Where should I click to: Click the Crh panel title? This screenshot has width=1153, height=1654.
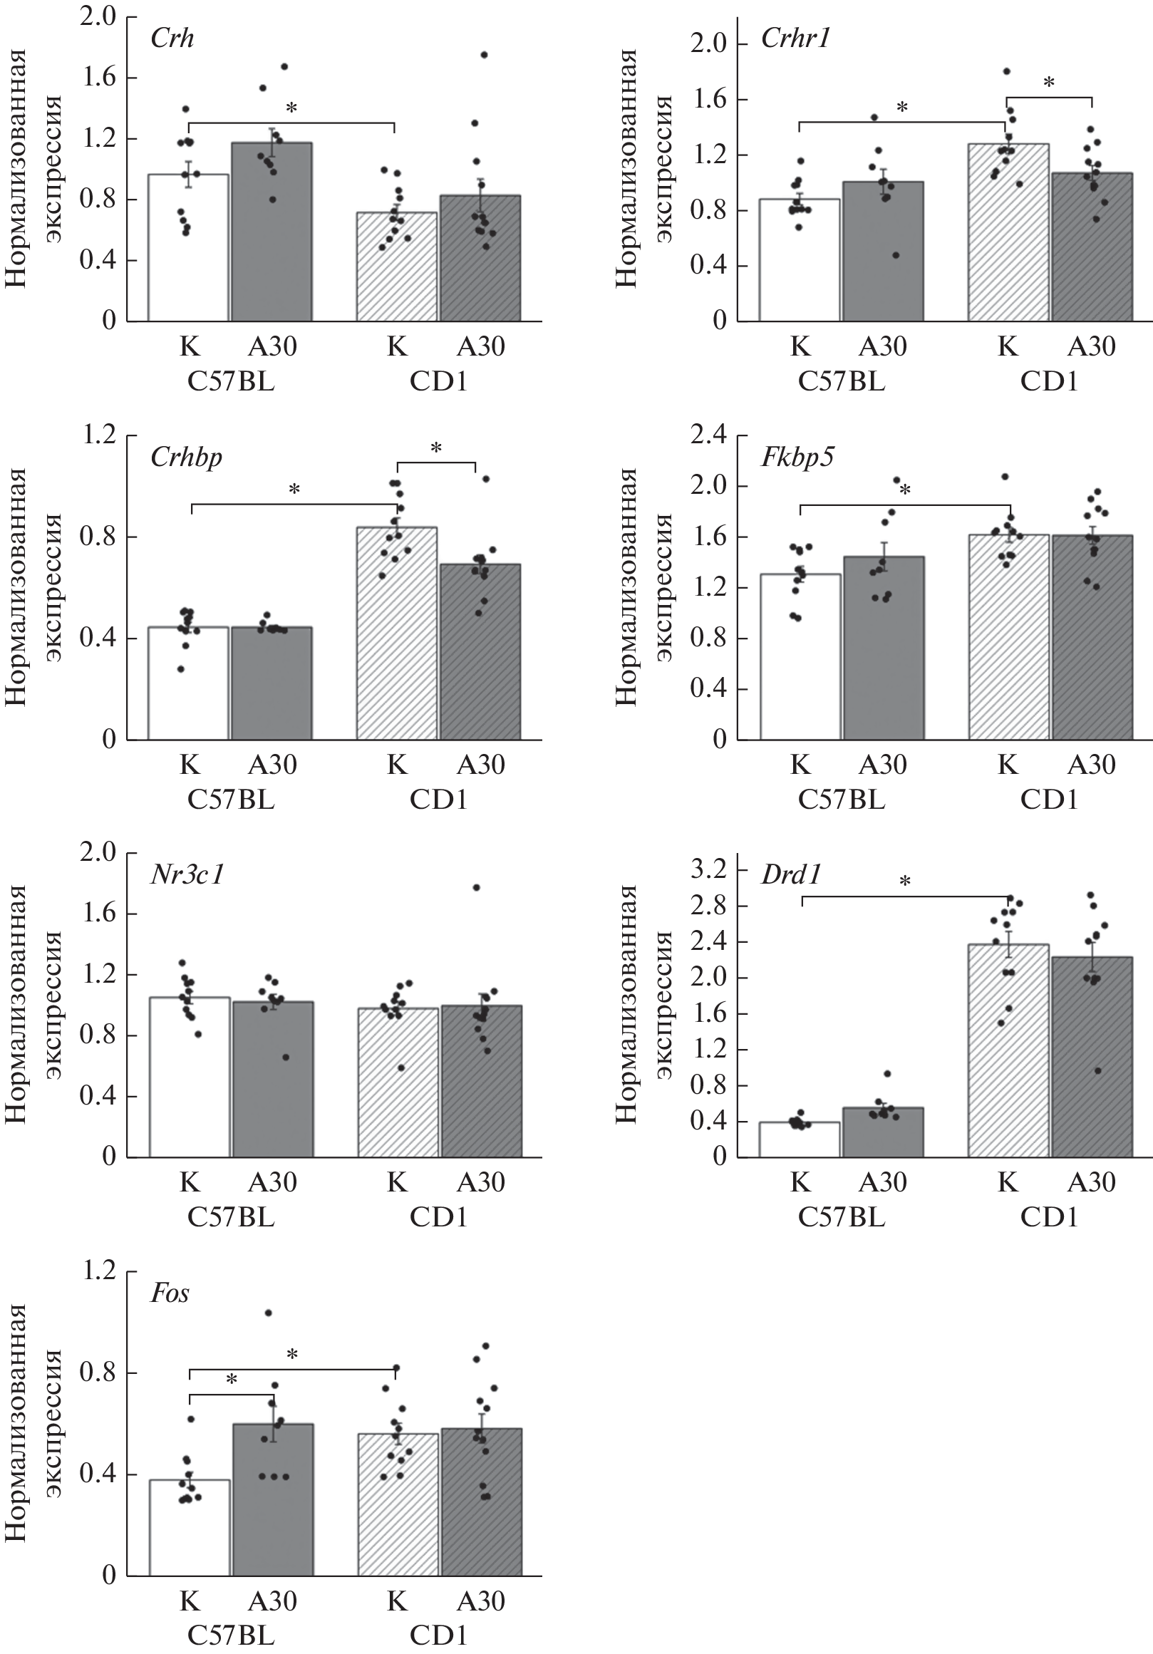coord(172,38)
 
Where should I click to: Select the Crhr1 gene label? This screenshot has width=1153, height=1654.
coord(795,38)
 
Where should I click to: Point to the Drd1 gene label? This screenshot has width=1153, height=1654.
coord(791,874)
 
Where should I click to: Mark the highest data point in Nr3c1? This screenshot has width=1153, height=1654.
coord(477,887)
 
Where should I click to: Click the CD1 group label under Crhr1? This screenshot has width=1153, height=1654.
coord(1048,381)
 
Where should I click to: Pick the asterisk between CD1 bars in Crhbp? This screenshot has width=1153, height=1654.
coord(435,448)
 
